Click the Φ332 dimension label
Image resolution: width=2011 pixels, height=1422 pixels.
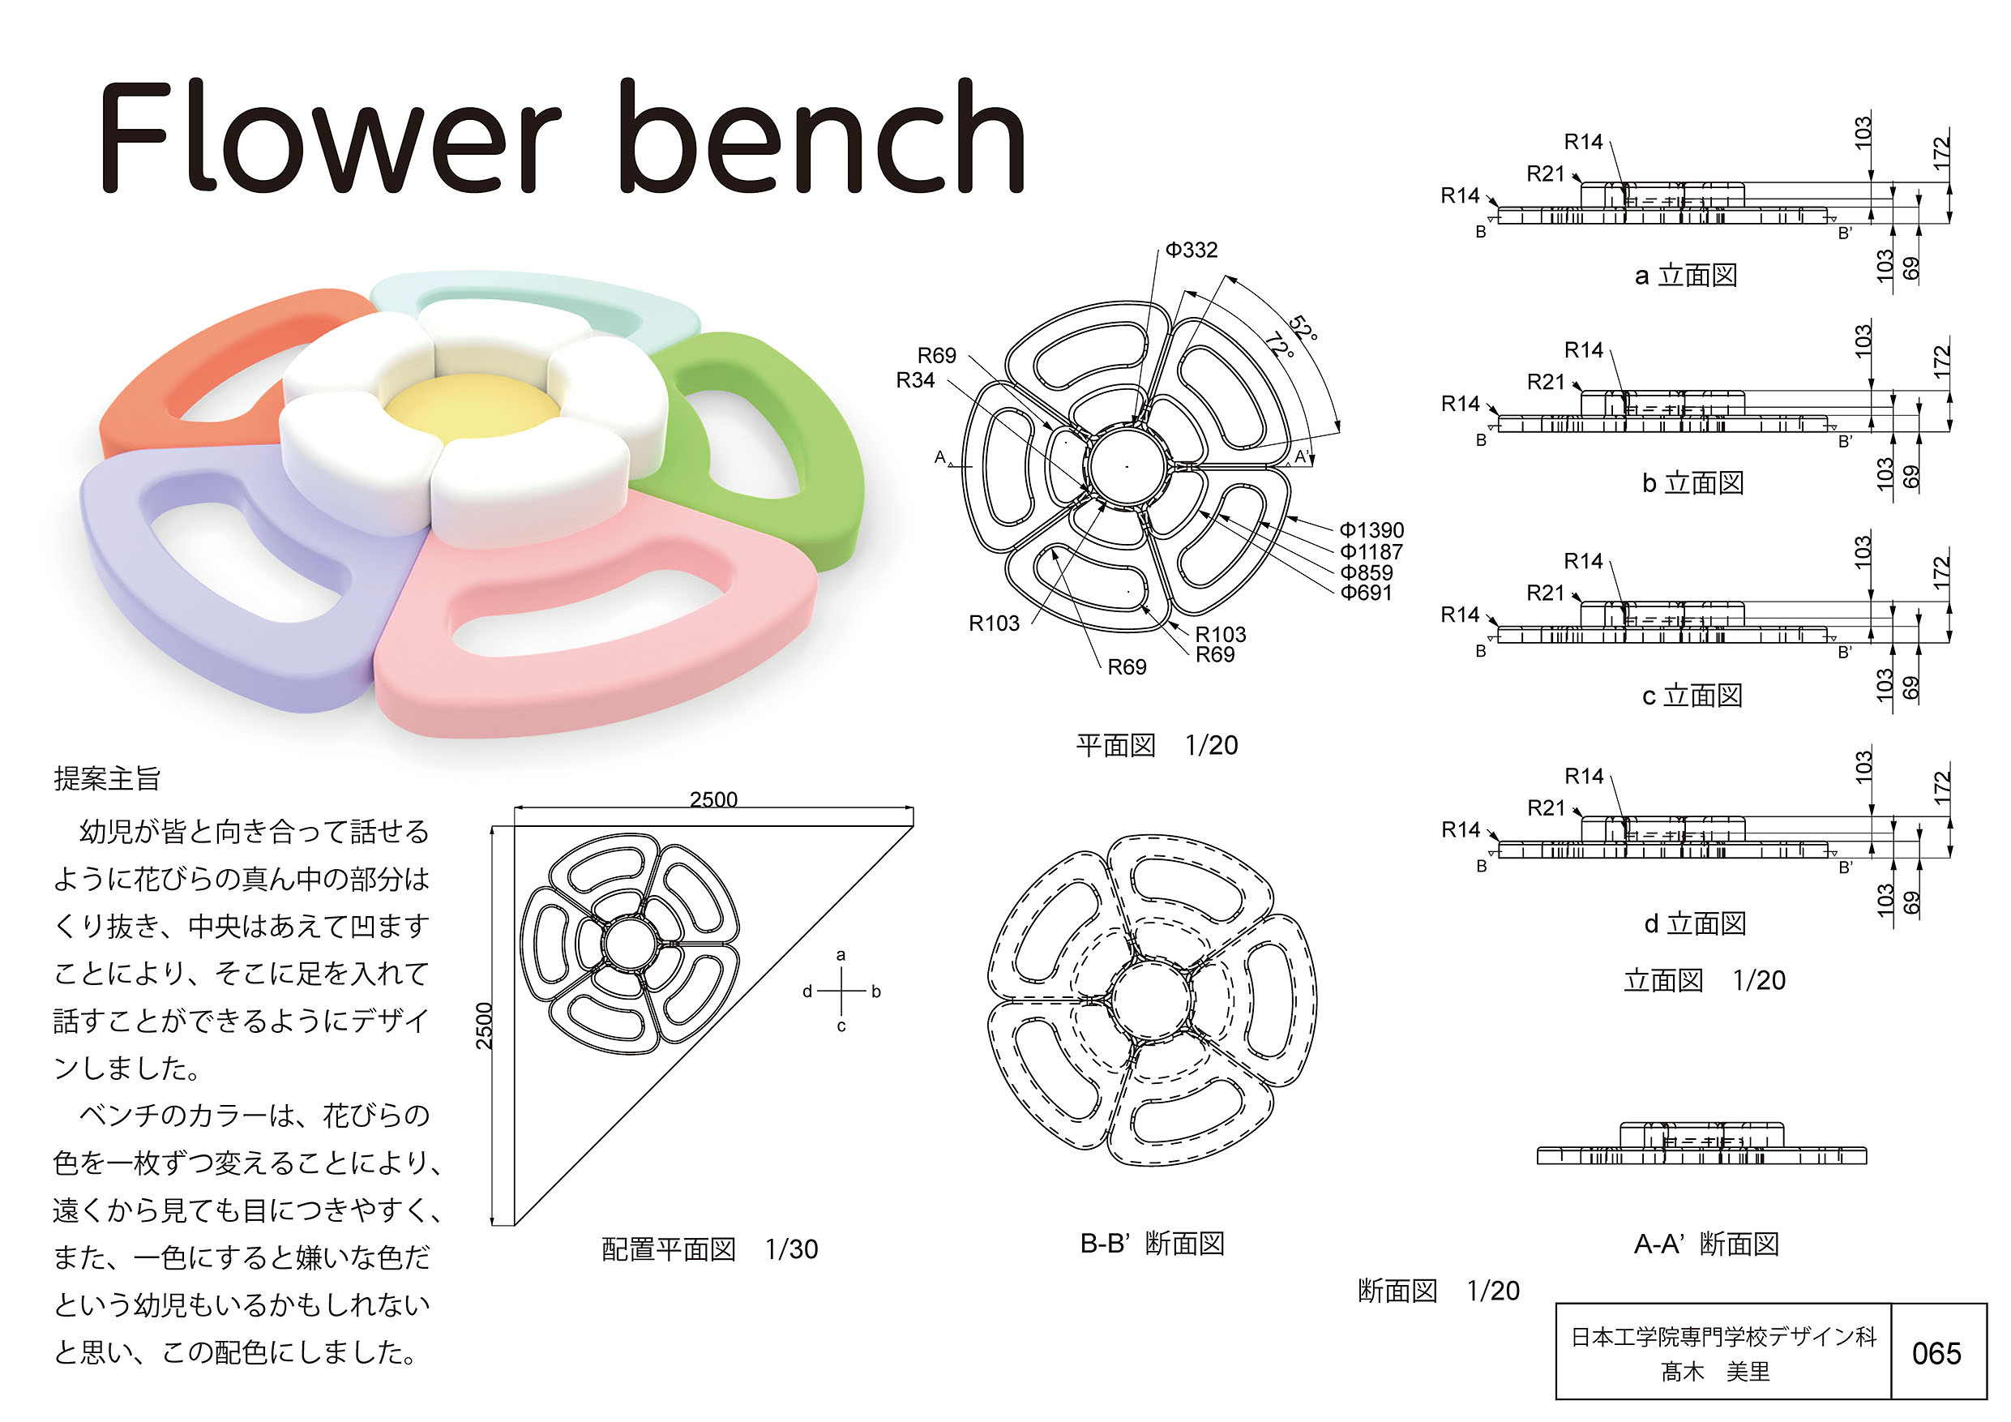[x=1192, y=251]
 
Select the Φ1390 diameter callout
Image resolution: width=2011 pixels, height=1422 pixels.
[x=1371, y=530]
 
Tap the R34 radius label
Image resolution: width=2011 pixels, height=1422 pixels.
[x=915, y=380]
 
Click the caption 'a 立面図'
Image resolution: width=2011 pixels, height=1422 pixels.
[x=1685, y=276]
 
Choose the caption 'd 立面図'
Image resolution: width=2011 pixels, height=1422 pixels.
[x=1695, y=923]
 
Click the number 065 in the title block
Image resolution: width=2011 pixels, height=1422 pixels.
[x=1936, y=1354]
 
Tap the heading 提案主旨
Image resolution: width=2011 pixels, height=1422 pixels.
[x=107, y=778]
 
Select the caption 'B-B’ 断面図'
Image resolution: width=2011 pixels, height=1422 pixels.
[x=1152, y=1244]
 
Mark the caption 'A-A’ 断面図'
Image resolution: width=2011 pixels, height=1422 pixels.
[x=1706, y=1244]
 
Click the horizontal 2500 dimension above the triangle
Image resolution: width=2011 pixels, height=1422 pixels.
[x=713, y=799]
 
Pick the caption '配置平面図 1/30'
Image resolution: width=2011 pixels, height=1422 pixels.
[x=709, y=1249]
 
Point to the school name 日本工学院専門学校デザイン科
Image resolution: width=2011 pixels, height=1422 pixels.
[x=1722, y=1336]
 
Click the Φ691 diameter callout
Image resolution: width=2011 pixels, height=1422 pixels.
[x=1367, y=593]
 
